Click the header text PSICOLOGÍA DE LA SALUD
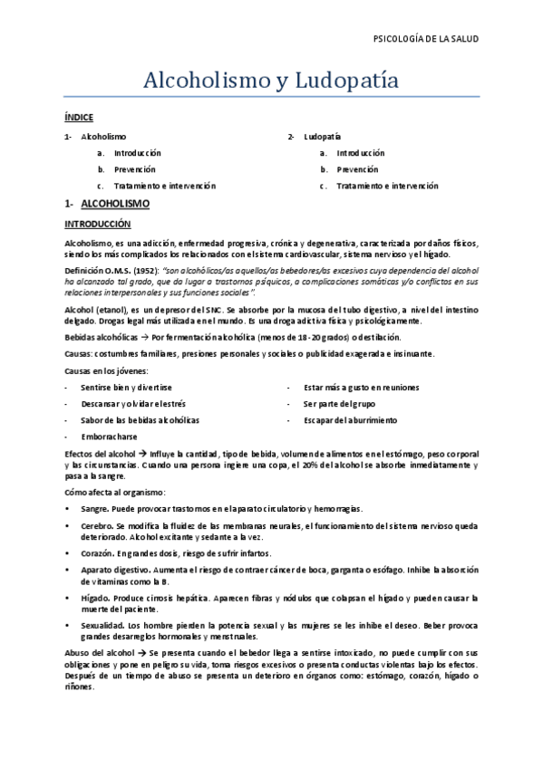[x=425, y=39]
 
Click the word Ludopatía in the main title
[x=347, y=81]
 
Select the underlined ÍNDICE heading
[x=79, y=118]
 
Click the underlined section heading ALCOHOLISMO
[x=115, y=205]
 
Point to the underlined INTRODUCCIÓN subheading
[x=98, y=223]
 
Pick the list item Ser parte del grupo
[x=339, y=404]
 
